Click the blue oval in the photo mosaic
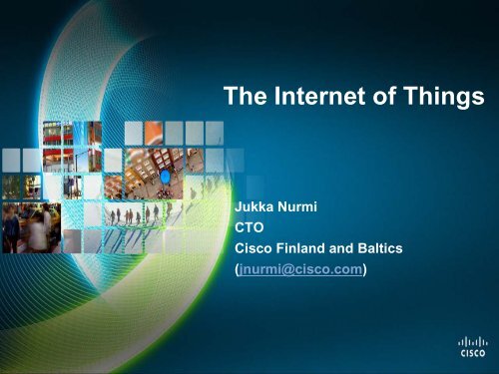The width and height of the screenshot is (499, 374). (x=166, y=177)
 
